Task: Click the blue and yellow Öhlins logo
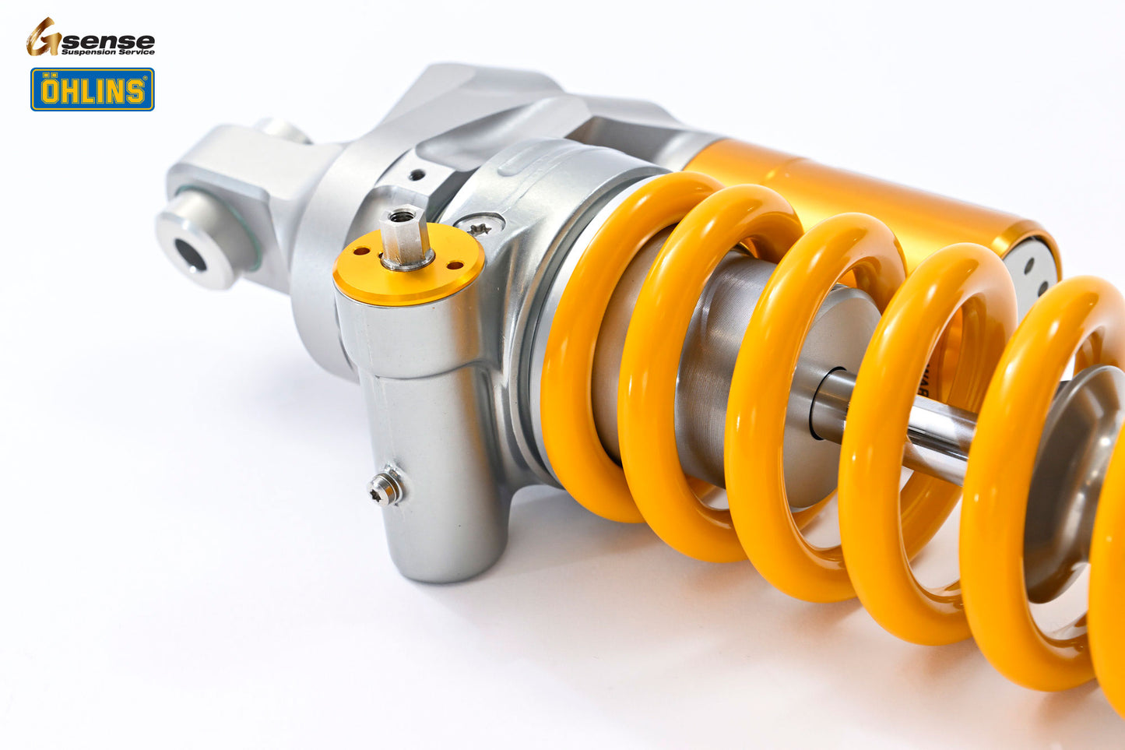[92, 90]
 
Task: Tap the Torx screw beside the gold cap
[477, 227]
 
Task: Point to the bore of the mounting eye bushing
[189, 255]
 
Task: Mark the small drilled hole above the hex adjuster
[419, 174]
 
